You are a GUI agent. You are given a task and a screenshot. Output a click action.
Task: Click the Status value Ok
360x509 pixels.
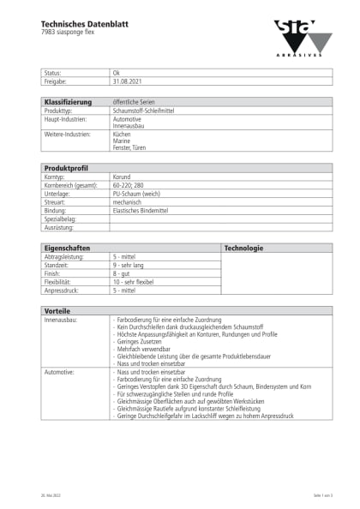coord(116,74)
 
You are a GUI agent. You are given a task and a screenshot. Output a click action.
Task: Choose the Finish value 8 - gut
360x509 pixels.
coord(123,273)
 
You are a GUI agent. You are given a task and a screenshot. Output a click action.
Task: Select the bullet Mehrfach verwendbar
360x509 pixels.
coord(143,350)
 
